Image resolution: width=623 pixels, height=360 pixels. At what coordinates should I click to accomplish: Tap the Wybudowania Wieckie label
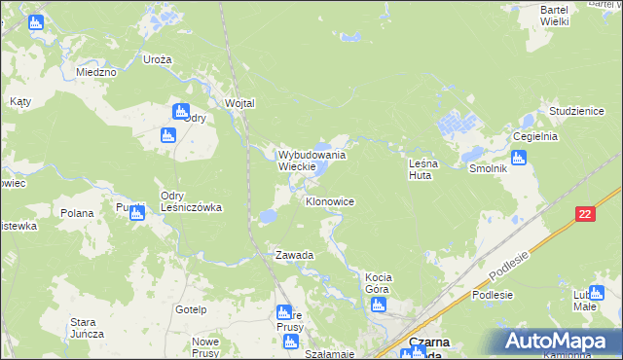pyautogui.click(x=312, y=161)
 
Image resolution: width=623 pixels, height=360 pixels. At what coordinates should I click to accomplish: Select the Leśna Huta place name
pyautogui.click(x=423, y=170)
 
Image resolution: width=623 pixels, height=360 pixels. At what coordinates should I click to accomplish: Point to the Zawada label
pyautogui.click(x=294, y=255)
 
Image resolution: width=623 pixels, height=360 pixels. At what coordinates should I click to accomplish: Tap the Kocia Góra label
pyautogui.click(x=378, y=282)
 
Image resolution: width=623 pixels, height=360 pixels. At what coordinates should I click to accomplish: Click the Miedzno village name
pyautogui.click(x=96, y=72)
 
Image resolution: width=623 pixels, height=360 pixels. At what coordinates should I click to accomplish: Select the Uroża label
pyautogui.click(x=157, y=59)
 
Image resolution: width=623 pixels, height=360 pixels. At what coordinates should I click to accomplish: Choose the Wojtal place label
pyautogui.click(x=239, y=103)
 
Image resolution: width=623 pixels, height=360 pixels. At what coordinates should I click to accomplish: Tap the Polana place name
pyautogui.click(x=77, y=213)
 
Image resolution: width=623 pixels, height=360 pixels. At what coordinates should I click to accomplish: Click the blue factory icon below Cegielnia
pyautogui.click(x=519, y=158)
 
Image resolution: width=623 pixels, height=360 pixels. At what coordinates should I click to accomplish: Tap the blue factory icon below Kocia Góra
pyautogui.click(x=379, y=306)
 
